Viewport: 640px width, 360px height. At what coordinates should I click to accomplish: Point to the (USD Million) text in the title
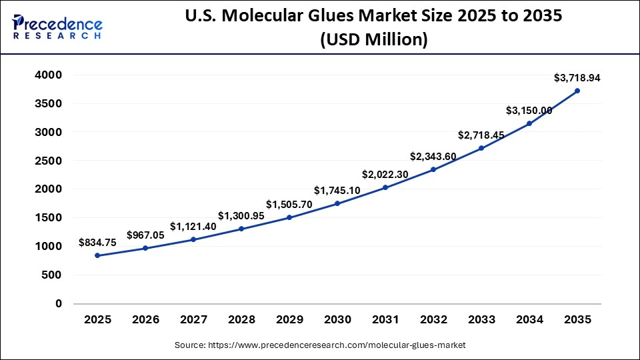click(373, 40)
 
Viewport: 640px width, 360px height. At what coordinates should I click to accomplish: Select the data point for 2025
click(97, 255)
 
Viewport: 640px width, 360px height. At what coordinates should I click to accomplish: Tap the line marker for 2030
click(337, 203)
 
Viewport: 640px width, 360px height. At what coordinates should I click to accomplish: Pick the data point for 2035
click(577, 91)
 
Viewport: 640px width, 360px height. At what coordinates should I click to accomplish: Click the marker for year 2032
click(433, 169)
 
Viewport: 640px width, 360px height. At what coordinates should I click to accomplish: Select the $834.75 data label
click(97, 243)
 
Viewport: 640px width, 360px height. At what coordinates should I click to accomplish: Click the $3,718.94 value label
click(577, 78)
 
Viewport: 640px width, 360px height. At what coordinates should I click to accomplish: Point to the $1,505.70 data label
click(289, 204)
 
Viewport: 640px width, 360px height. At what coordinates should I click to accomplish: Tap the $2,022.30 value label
click(385, 175)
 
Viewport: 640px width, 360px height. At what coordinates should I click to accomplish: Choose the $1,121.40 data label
click(193, 226)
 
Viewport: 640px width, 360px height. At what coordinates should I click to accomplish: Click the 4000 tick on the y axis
click(49, 75)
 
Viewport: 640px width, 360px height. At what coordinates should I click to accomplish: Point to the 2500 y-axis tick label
click(49, 161)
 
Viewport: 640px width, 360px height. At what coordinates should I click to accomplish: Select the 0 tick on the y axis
click(59, 303)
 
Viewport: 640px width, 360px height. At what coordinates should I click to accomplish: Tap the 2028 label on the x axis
click(241, 320)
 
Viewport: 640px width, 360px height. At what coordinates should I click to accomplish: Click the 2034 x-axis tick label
click(529, 320)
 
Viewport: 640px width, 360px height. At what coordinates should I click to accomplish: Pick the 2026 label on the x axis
click(145, 320)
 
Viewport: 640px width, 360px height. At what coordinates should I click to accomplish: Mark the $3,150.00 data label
click(529, 110)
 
